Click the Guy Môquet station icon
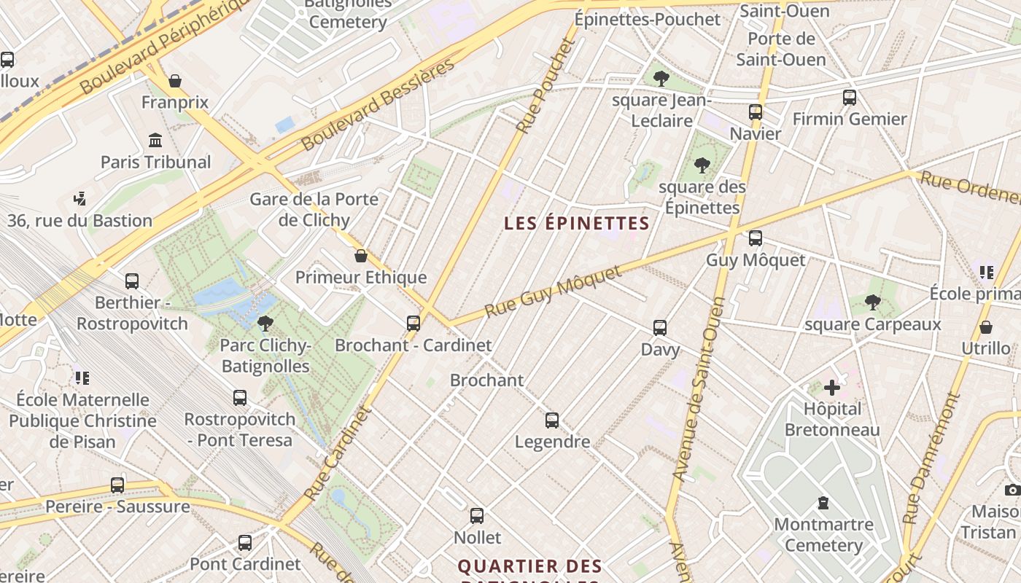coord(756,238)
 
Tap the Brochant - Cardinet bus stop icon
coord(414,323)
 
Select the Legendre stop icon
coord(552,420)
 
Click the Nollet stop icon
coord(477,516)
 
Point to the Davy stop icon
coord(660,328)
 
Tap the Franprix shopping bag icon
coord(175,80)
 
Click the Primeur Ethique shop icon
coord(360,256)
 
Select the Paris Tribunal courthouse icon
coord(155,140)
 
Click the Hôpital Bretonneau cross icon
coord(831,387)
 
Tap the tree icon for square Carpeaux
coord(873,302)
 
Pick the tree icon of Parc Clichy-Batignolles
coord(265,323)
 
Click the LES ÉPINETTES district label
coord(576,224)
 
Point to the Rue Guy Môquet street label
coord(554,291)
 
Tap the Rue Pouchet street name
coord(546,85)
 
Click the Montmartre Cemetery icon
coord(823,503)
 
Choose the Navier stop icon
coord(756,112)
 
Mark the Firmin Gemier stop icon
coord(849,98)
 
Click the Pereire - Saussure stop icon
coord(117,485)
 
